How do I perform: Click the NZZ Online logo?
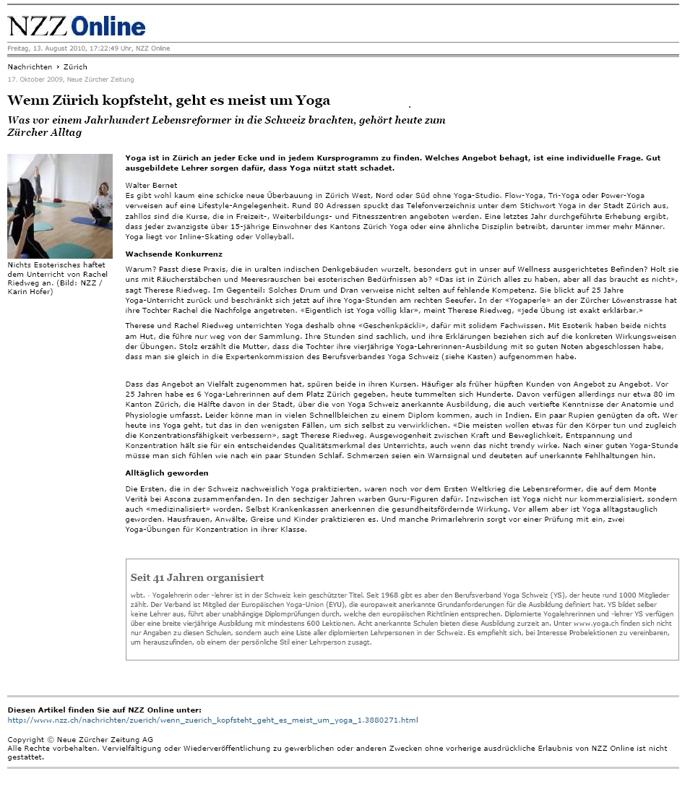[x=77, y=26]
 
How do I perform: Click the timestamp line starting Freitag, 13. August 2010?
[x=89, y=48]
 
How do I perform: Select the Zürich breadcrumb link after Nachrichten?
[x=75, y=67]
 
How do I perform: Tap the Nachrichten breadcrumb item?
[x=30, y=67]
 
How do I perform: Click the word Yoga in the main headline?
[x=311, y=101]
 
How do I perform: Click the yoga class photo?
[x=60, y=206]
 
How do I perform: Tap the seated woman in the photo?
[x=102, y=204]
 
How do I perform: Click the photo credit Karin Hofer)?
[x=30, y=292]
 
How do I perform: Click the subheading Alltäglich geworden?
[x=166, y=473]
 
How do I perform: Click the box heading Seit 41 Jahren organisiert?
[x=197, y=578]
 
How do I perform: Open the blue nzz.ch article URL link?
[x=212, y=720]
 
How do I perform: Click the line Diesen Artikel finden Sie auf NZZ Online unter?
[x=104, y=710]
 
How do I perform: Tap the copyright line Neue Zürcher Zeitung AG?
[x=80, y=740]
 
